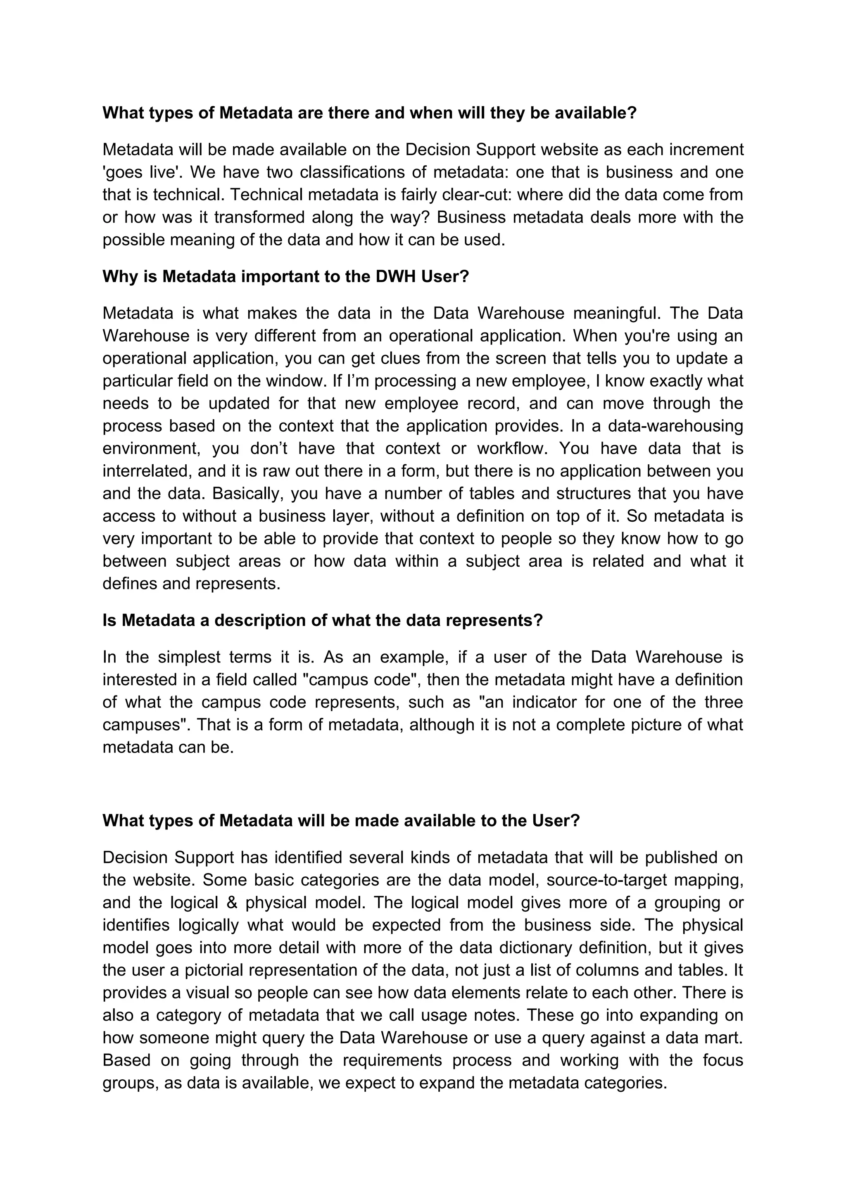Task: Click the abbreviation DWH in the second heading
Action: pos(395,276)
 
